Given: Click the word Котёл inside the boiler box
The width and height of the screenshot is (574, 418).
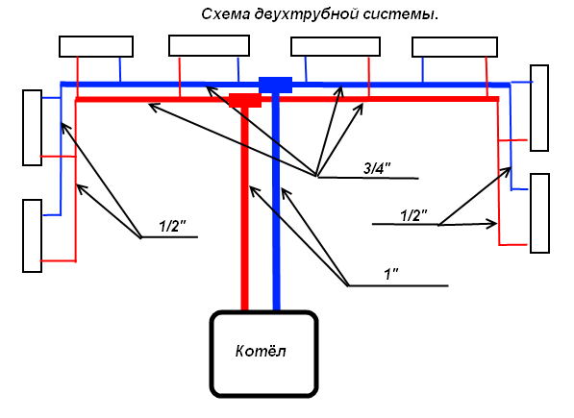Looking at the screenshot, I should pos(261,352).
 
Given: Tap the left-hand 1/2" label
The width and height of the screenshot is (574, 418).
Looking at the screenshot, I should pos(172,227).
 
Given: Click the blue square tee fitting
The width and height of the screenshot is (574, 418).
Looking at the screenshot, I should pos(276,85).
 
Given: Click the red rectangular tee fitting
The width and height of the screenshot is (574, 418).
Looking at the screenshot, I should pos(244,99).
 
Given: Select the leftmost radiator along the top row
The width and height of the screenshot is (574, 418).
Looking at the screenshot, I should pos(96,46).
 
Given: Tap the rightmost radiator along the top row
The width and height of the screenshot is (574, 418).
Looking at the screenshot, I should pos(454,47).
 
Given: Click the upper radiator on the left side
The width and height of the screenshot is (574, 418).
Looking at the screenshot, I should pos(33,128).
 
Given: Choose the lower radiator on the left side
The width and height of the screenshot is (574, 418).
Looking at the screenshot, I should pos(33,235).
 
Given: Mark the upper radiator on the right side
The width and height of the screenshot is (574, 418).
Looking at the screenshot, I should pos(538,108).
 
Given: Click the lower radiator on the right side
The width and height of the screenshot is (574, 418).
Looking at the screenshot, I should pos(538,212).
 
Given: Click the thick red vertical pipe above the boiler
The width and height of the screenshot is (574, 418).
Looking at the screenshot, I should pos(245,211).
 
